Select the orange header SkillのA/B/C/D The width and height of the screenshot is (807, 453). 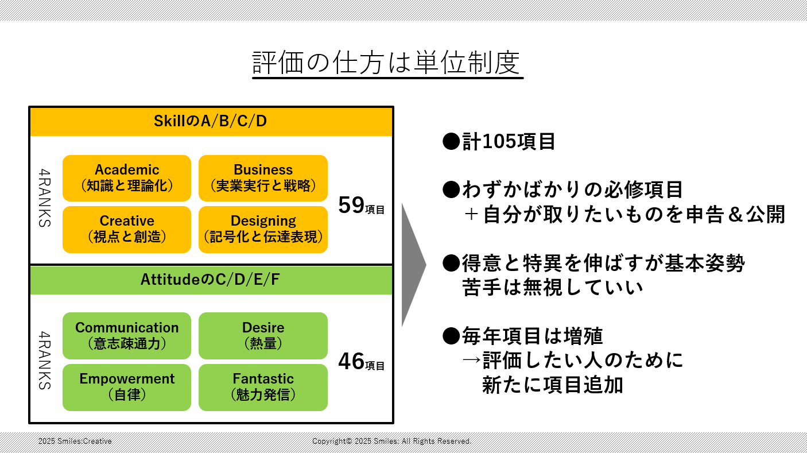click(x=211, y=122)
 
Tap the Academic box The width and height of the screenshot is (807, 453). click(x=127, y=178)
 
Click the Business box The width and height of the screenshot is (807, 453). click(x=263, y=178)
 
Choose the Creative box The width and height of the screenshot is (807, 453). click(x=127, y=229)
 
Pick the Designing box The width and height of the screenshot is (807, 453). click(x=263, y=229)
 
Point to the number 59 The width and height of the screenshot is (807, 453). click(x=351, y=205)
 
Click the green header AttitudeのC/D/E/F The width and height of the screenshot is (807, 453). click(x=211, y=280)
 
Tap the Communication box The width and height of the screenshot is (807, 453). click(x=127, y=335)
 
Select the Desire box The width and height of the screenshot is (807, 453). click(x=263, y=335)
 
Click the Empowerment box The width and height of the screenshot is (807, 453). click(x=127, y=388)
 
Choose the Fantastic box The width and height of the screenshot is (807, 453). click(x=263, y=388)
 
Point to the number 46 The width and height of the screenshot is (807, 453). click(x=351, y=361)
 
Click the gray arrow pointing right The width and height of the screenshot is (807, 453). click(x=414, y=265)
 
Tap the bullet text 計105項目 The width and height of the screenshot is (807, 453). click(x=509, y=141)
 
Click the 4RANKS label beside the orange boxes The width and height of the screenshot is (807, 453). click(x=45, y=198)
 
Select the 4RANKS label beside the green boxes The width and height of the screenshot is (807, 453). click(x=45, y=361)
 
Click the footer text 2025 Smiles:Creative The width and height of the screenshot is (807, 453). click(x=75, y=441)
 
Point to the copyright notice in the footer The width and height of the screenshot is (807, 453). click(x=391, y=441)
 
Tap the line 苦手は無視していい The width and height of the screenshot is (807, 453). click(x=552, y=288)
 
